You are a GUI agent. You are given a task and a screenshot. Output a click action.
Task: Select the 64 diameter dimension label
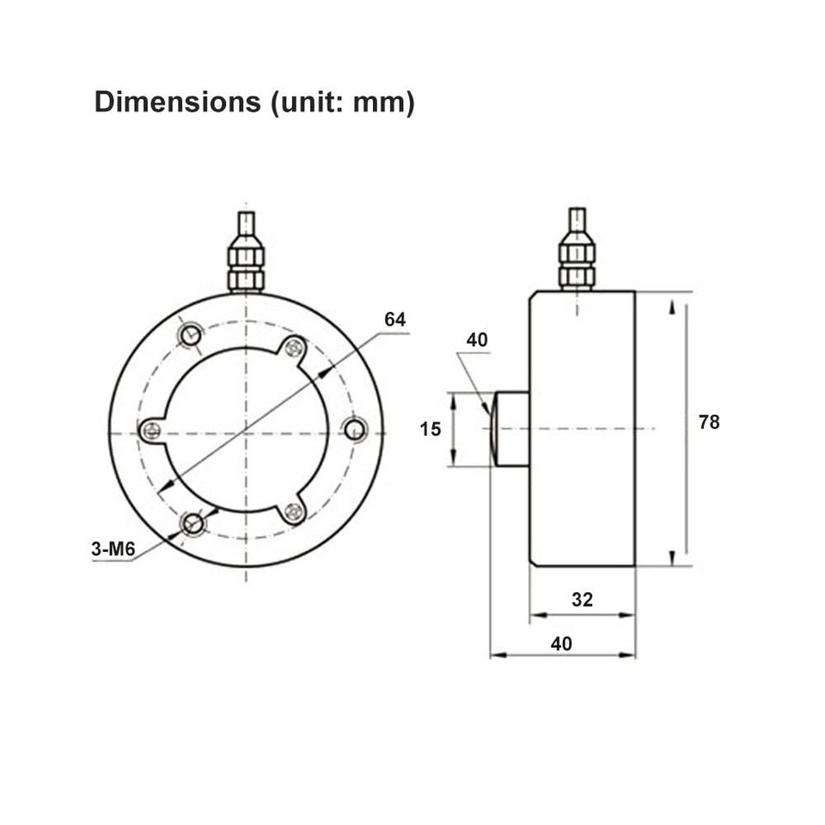click(394, 320)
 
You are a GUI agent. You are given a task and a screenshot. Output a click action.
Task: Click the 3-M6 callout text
click(113, 548)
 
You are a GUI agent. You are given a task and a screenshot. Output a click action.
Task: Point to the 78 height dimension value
click(709, 422)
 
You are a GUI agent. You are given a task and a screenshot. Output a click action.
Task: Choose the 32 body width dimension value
click(582, 599)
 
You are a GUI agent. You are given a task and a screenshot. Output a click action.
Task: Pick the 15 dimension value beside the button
click(431, 428)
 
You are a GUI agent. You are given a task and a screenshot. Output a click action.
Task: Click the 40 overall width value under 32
click(561, 643)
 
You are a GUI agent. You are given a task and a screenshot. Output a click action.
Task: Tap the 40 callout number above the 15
click(477, 340)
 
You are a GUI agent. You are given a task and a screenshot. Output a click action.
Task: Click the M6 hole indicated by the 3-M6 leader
click(193, 523)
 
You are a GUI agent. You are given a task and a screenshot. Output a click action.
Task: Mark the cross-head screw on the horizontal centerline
click(151, 430)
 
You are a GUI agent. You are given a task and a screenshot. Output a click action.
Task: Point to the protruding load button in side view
click(510, 428)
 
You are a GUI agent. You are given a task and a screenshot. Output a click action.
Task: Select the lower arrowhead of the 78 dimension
click(672, 555)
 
